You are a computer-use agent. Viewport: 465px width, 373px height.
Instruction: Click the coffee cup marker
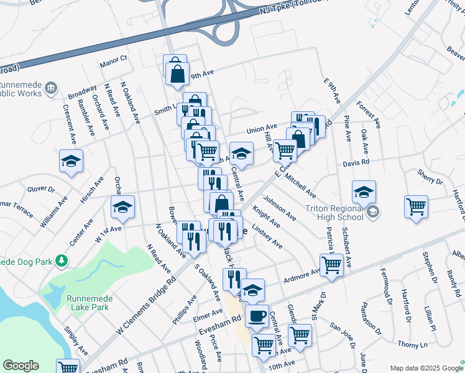256,315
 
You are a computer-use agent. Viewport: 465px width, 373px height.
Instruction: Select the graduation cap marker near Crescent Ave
71,162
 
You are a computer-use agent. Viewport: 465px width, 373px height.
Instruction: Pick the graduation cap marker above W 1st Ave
122,207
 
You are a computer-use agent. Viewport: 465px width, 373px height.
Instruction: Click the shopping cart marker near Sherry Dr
416,206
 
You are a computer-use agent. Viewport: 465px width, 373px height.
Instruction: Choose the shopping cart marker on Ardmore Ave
331,264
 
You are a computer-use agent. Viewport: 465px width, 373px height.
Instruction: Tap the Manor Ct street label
113,58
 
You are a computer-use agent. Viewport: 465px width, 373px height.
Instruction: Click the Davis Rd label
357,162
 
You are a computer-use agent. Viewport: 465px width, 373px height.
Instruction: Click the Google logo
21,366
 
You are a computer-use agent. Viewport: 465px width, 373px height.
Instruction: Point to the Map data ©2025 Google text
426,368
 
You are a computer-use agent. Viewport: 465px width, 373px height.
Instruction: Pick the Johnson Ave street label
280,208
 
